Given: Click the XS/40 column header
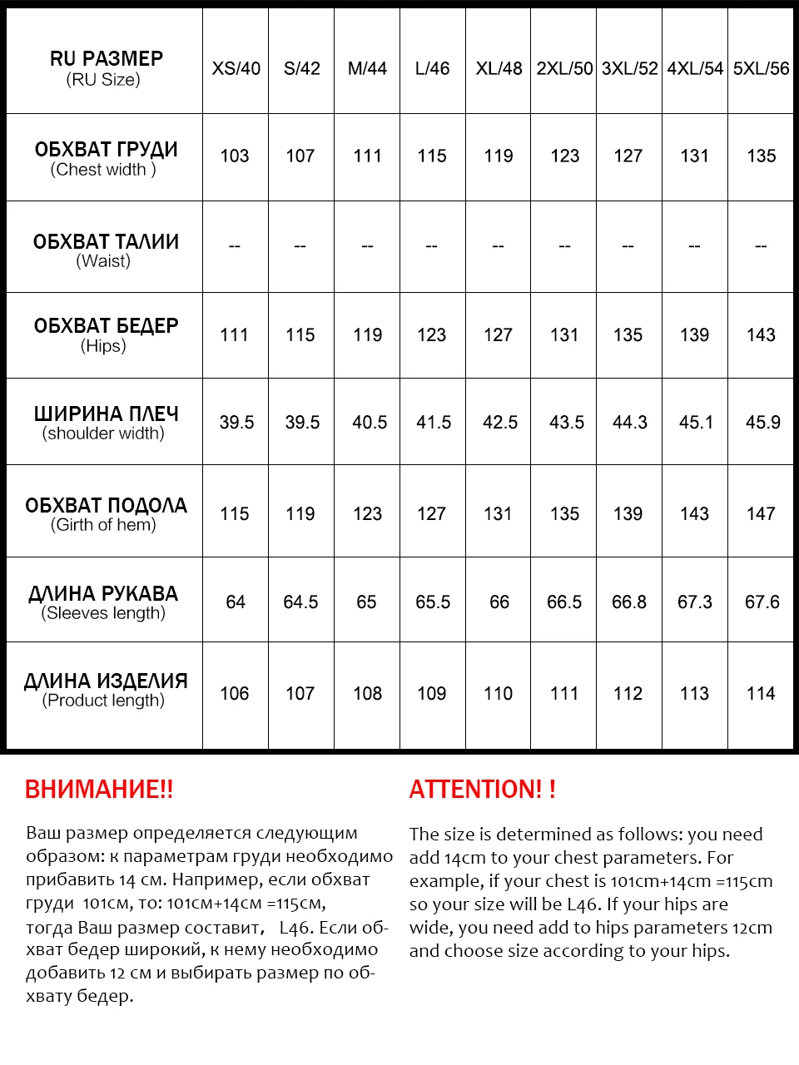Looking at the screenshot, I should click(x=236, y=68).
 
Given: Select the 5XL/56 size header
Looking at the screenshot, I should click(x=761, y=68).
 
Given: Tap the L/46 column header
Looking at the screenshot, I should click(x=432, y=68).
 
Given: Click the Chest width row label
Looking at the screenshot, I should click(x=105, y=158).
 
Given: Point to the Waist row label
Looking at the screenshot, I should click(x=105, y=250).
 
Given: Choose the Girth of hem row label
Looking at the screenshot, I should click(x=105, y=514).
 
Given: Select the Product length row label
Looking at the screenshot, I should click(x=105, y=690).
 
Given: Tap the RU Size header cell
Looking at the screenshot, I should click(x=105, y=68).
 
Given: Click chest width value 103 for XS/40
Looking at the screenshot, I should click(x=235, y=156).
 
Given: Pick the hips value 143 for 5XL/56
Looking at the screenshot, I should click(x=761, y=334).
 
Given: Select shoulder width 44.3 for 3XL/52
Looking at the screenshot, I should click(x=629, y=423).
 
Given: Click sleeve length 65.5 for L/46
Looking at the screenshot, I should click(x=433, y=602).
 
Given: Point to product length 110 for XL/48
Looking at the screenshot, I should click(x=498, y=693).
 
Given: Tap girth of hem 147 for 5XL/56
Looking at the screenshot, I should click(x=761, y=513).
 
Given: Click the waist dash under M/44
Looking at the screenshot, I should click(x=367, y=246).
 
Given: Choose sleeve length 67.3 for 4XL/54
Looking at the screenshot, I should click(x=695, y=602).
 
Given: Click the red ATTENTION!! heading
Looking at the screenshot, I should click(x=482, y=789).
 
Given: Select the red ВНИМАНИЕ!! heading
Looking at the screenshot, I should click(x=99, y=789).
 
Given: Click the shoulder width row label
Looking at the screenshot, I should click(x=105, y=423).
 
